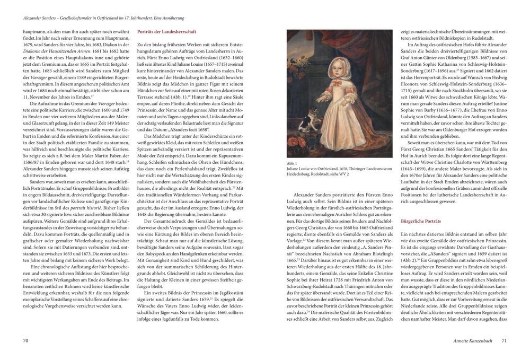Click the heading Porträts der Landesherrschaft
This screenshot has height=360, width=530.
(x=166, y=32)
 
